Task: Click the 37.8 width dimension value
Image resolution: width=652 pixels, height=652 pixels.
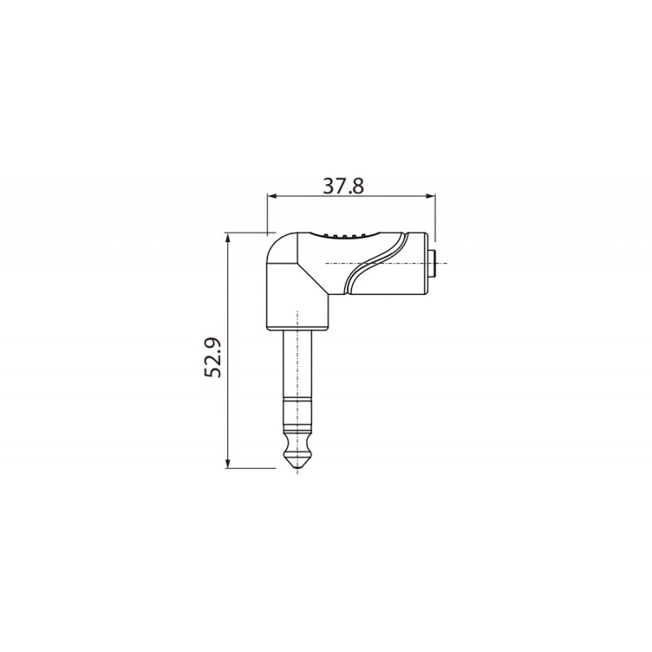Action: tap(343, 187)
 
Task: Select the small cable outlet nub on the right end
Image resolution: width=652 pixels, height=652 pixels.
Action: tap(433, 263)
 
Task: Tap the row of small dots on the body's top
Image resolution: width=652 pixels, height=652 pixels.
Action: tap(344, 236)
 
